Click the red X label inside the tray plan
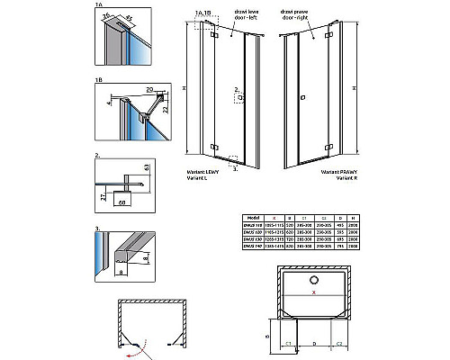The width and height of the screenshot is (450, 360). tap(313, 292)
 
